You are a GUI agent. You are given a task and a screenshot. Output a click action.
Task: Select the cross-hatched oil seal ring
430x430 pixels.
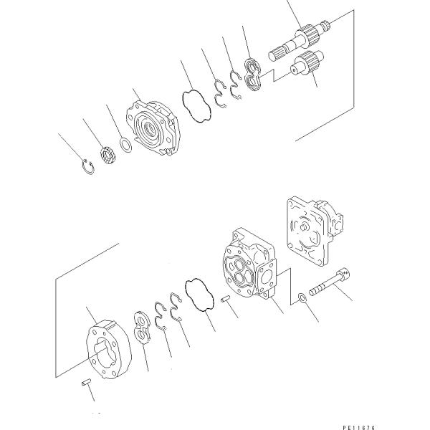click(x=109, y=156)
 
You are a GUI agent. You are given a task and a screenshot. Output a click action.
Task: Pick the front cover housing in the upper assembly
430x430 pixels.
click(x=153, y=128)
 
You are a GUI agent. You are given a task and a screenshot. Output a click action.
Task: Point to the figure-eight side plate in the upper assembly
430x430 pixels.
click(x=252, y=75)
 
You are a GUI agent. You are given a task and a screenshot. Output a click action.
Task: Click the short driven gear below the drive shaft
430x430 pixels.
click(x=307, y=62)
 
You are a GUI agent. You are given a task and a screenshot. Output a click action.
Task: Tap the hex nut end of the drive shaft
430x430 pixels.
click(x=326, y=25)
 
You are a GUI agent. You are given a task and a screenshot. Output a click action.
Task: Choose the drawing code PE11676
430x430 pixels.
click(x=359, y=427)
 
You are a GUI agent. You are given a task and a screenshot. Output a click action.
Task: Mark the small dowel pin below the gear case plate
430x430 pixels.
click(x=87, y=381)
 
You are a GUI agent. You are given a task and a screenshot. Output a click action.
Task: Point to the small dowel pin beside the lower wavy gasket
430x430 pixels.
click(x=226, y=298)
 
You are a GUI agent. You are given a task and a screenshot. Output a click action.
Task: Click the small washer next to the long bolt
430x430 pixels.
click(x=302, y=297)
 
